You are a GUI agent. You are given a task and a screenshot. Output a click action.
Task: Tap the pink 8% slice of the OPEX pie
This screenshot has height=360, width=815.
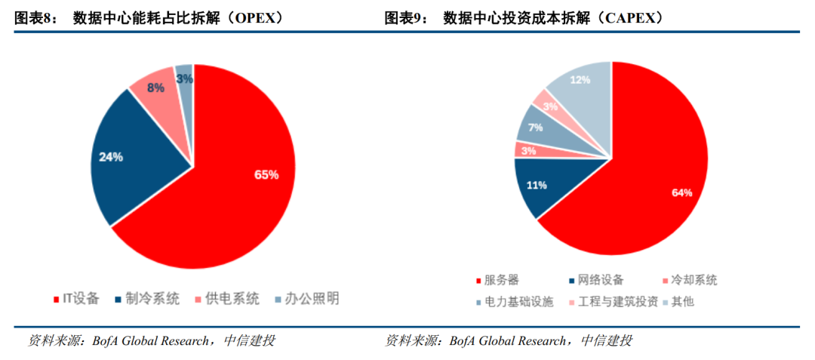pyautogui.click(x=157, y=89)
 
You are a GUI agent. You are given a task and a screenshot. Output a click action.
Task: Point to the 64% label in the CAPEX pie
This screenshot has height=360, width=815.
pyautogui.click(x=681, y=193)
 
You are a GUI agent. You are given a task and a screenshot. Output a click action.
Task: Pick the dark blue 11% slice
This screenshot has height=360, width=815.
pyautogui.click(x=537, y=184)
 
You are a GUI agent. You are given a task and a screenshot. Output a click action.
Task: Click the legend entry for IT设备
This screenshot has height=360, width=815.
pyautogui.click(x=76, y=299)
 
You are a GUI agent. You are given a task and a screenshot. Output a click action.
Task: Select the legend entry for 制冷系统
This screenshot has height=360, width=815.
pyautogui.click(x=146, y=299)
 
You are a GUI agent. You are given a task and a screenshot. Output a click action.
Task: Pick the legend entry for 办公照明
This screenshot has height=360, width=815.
pyautogui.click(x=306, y=299)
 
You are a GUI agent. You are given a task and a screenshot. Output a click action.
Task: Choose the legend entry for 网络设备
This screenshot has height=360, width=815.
pyautogui.click(x=597, y=280)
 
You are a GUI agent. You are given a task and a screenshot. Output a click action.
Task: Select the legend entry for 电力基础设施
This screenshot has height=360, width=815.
pyautogui.click(x=521, y=302)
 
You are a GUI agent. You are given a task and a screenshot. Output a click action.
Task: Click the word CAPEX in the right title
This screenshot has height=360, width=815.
pyautogui.click(x=630, y=18)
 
